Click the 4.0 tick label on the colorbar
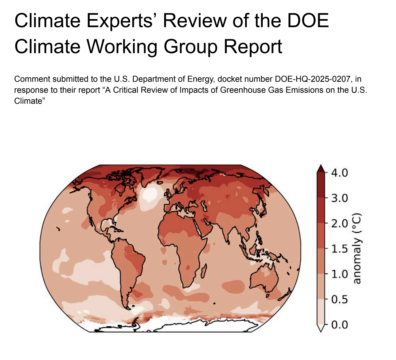click(339, 173)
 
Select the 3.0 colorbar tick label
click(339, 198)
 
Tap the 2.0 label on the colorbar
click(339, 223)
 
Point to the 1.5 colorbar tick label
click(339, 248)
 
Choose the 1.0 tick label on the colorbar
click(339, 274)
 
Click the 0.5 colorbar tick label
click(339, 299)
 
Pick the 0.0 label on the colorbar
click(339, 324)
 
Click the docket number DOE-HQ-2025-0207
click(311, 79)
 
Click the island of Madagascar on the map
click(204, 272)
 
